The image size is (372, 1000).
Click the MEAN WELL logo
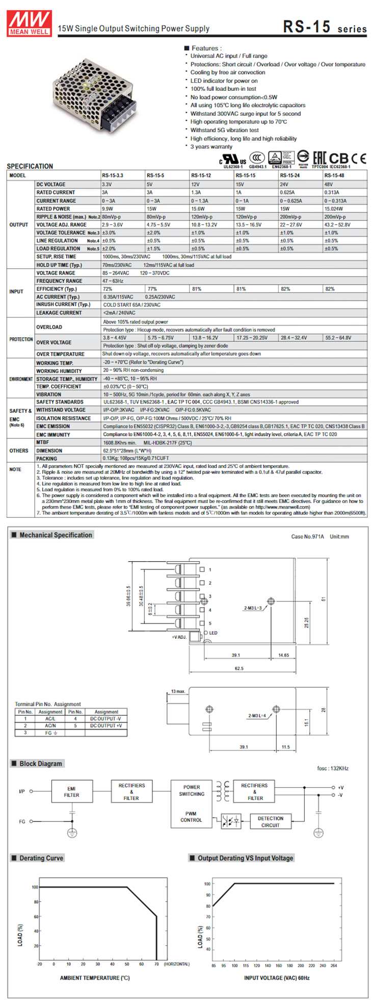point(29,23)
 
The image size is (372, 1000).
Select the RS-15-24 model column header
point(289,175)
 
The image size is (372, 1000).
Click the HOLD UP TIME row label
point(59,265)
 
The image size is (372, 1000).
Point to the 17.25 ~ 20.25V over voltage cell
point(252,338)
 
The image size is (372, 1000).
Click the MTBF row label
point(43,442)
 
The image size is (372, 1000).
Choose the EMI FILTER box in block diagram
point(71,792)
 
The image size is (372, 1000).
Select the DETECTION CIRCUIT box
point(270,821)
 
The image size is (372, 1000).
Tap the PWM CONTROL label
point(191,817)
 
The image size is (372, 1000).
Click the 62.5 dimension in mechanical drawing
point(238,668)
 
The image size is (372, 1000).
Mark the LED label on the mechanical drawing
point(213,633)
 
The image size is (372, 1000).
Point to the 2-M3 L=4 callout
point(257,715)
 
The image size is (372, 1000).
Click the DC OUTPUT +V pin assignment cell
point(106,726)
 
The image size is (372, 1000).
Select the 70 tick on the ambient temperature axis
point(156,964)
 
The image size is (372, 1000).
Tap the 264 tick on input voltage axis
point(334,966)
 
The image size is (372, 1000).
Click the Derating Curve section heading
point(41,858)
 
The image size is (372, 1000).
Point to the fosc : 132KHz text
point(333,768)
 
